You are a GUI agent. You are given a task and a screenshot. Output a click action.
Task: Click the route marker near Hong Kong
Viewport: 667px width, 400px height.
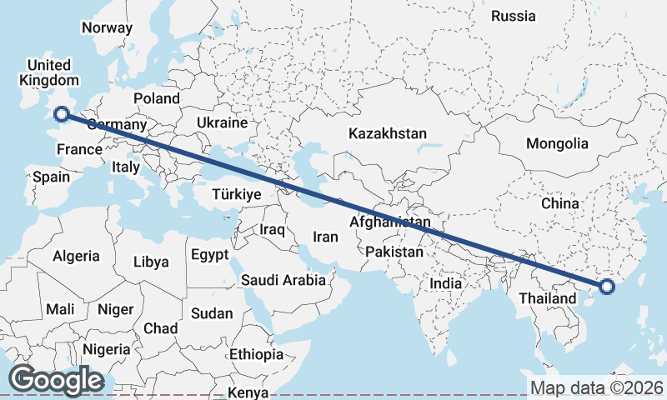(606, 287)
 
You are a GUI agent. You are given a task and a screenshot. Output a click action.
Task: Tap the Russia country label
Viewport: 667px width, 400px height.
(513, 16)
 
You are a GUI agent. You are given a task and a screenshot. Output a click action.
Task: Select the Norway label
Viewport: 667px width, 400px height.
(107, 27)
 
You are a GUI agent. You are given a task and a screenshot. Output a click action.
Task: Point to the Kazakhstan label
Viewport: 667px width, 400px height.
(388, 133)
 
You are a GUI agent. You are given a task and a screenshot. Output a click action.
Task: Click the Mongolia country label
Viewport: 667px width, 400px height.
(557, 143)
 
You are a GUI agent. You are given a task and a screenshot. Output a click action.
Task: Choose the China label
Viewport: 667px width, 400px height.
(559, 203)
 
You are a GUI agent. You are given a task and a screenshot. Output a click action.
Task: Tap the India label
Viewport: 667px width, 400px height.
(446, 283)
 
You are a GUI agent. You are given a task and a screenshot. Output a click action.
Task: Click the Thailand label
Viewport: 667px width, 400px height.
(547, 298)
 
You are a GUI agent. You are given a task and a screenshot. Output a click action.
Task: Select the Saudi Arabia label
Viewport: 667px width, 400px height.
(283, 280)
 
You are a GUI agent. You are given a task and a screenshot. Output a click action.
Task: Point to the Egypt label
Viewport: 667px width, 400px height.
(209, 254)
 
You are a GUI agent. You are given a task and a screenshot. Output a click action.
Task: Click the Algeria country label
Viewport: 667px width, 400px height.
(76, 256)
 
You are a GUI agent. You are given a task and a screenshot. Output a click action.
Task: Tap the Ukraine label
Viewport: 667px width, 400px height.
(223, 122)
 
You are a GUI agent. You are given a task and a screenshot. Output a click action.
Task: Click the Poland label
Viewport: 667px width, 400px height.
(156, 98)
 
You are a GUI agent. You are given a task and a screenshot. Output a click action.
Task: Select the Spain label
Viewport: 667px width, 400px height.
(50, 177)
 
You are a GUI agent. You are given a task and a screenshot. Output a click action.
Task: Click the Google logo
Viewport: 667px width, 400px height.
(56, 379)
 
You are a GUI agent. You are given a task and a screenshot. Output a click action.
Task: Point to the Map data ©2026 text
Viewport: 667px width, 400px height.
(597, 387)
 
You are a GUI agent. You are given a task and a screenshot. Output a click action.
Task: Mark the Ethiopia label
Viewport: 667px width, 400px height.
(258, 354)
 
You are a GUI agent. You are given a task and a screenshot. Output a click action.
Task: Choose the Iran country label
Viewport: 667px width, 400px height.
(325, 237)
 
